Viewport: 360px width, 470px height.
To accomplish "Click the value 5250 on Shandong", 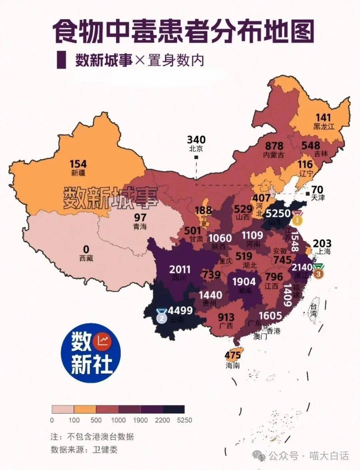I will click(x=278, y=213).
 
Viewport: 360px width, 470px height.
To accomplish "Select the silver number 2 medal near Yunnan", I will click(x=162, y=317).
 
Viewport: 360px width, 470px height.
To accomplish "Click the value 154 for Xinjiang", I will click(x=78, y=164).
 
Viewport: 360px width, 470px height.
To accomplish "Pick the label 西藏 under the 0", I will click(x=86, y=258).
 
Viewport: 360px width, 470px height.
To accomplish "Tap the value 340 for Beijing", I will click(x=196, y=139).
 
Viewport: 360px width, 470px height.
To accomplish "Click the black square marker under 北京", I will click(x=196, y=157).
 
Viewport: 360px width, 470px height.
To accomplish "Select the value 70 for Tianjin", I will click(x=317, y=189).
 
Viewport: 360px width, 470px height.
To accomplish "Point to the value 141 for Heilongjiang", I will click(x=323, y=117).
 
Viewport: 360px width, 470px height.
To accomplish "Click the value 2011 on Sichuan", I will click(x=180, y=269).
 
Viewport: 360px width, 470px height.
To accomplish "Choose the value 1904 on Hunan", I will click(x=244, y=282).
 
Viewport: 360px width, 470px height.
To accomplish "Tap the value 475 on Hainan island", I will click(x=232, y=356).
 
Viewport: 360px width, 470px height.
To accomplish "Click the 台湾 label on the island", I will click(x=313, y=310).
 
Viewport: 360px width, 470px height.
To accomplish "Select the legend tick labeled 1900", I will click(x=140, y=420).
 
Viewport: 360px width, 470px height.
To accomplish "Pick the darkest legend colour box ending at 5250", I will click(x=173, y=409).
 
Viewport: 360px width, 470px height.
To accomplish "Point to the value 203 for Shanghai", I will click(x=322, y=243).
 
